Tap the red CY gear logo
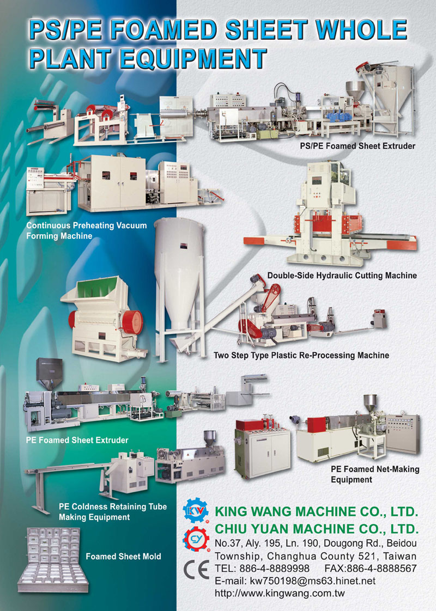click(x=196, y=539)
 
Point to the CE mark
click(x=196, y=570)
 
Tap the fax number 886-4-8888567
click(x=382, y=569)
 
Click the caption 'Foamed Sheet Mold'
click(x=123, y=557)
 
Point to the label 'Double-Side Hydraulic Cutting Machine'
click(x=342, y=276)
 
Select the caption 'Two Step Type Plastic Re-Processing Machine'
click(x=301, y=356)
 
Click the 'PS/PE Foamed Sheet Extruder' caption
click(x=358, y=146)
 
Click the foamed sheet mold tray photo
click(x=53, y=560)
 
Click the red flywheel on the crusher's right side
click(x=132, y=322)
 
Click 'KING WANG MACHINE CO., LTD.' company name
click(x=316, y=511)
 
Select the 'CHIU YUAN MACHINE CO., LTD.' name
click(x=317, y=529)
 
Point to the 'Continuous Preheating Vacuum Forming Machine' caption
click(x=87, y=231)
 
